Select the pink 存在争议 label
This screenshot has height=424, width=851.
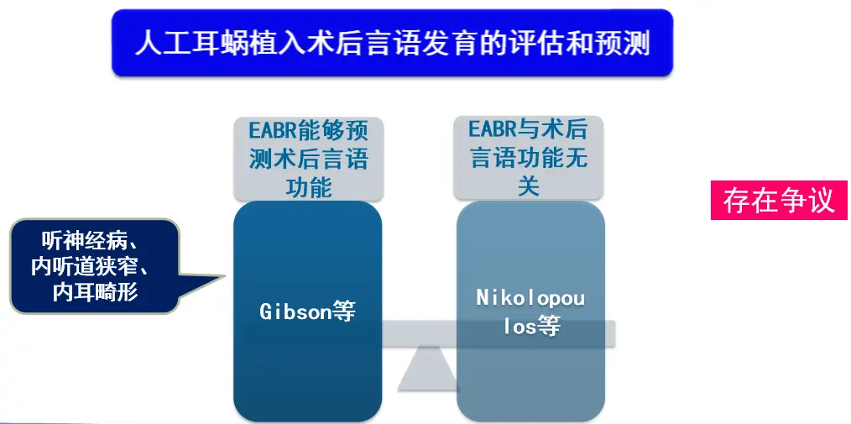coord(779,201)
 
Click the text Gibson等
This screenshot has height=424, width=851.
coord(308,311)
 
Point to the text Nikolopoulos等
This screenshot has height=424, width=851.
coord(530,312)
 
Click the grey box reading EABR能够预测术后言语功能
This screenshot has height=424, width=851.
coord(309,159)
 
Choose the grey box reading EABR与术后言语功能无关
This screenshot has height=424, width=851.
coord(528,159)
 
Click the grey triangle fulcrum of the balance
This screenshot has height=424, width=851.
coord(428,369)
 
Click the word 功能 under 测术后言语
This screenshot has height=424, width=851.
coord(308,187)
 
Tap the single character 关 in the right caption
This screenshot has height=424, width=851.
coord(528,186)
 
